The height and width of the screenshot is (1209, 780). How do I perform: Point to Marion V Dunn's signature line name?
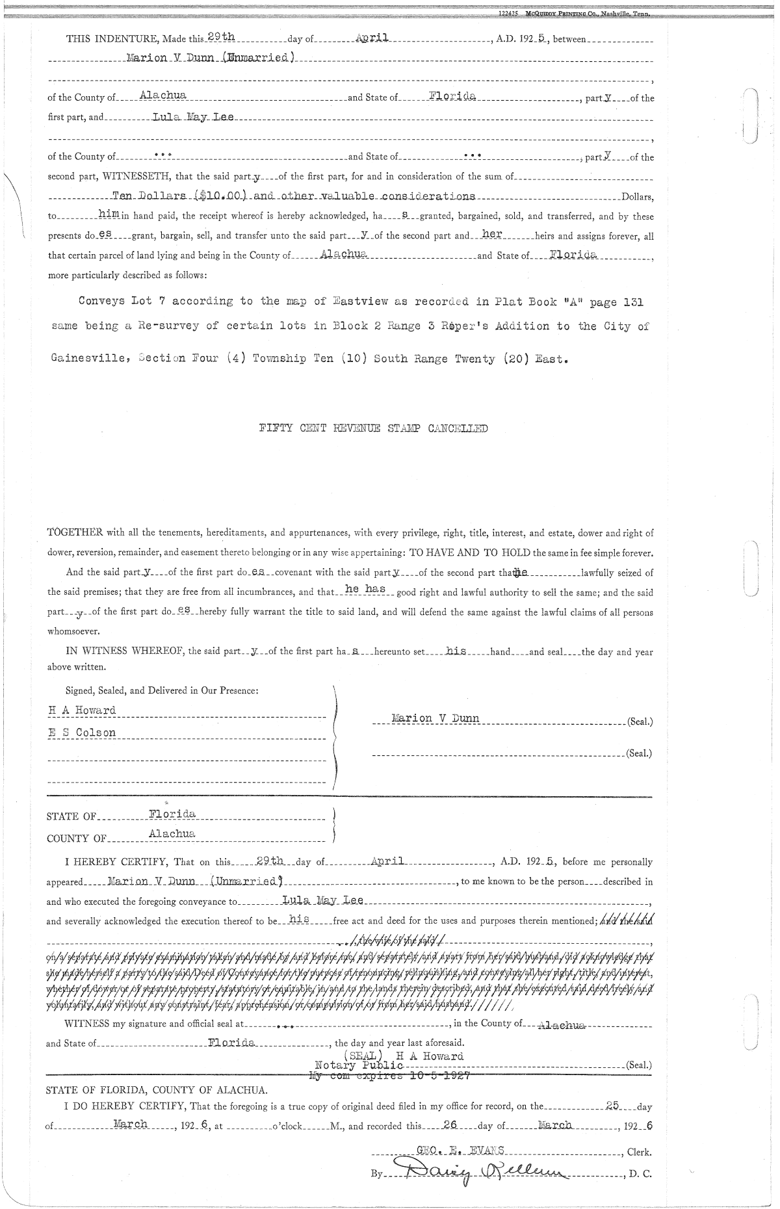[435, 718]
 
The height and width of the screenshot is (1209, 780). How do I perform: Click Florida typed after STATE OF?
[172, 814]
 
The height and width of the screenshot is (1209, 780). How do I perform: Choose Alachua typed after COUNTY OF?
[172, 834]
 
